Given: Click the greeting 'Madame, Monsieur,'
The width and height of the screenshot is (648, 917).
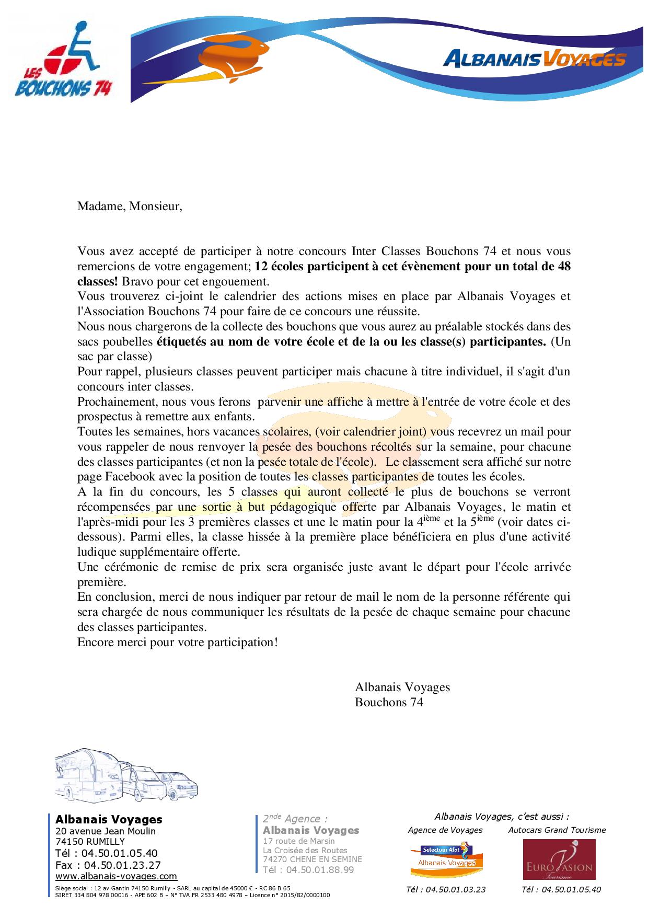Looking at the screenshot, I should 130,206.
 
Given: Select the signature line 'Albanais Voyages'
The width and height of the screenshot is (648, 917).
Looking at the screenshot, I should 402,687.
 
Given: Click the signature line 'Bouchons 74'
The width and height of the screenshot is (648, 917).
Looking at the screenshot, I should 389,702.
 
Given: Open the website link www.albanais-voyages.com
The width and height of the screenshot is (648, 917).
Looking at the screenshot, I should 116,876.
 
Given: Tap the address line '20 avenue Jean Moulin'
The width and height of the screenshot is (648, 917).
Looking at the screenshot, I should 106,831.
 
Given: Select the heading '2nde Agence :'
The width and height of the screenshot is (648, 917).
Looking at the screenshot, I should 295,819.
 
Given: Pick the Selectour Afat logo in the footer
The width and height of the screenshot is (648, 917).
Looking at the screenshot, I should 446,859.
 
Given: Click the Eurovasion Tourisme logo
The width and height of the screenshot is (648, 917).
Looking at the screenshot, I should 559,859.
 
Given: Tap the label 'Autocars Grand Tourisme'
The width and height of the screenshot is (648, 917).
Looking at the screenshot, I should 557,830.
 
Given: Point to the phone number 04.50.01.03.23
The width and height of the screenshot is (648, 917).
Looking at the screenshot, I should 446,889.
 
